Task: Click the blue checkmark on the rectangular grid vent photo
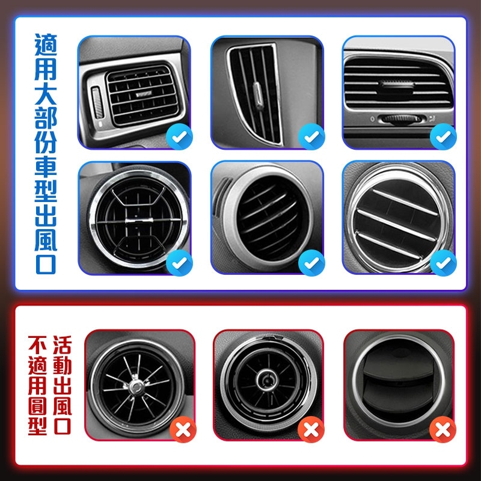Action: pyautogui.click(x=179, y=138)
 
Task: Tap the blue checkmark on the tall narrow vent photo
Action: pyautogui.click(x=311, y=138)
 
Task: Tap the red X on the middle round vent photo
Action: pyautogui.click(x=311, y=430)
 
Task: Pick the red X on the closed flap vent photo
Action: pyautogui.click(x=443, y=430)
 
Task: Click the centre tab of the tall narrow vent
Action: pyautogui.click(x=257, y=93)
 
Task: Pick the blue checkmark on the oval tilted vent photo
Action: pyautogui.click(x=311, y=262)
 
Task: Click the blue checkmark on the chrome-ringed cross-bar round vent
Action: pyautogui.click(x=179, y=262)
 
